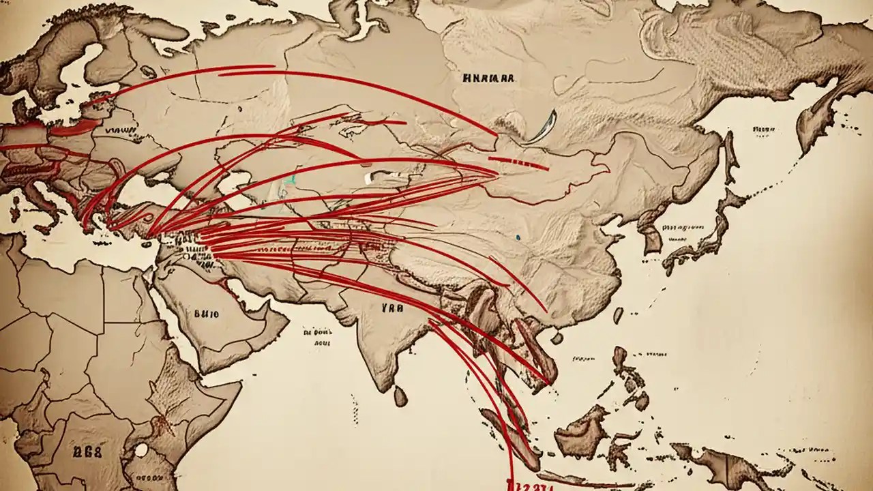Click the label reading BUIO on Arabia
coord(206,315)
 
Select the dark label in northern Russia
coord(487,78)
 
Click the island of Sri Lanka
coord(401,394)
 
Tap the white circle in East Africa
coord(141,450)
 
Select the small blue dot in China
coord(519,237)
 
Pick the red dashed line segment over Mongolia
coord(518,164)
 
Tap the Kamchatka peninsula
coord(815,109)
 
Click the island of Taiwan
coord(618,315)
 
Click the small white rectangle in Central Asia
coord(368,178)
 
